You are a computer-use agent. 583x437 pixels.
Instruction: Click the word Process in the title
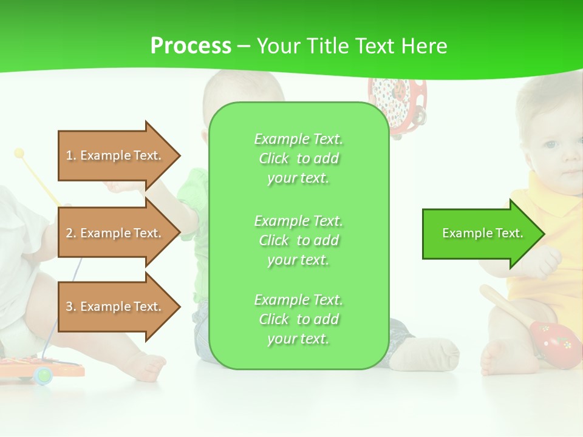pos(191,46)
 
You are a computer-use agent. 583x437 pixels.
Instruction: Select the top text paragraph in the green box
pos(298,158)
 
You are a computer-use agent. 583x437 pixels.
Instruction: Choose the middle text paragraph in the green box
pos(298,240)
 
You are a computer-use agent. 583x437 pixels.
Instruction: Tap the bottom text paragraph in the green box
pos(298,319)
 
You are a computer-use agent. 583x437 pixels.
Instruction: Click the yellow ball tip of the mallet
pos(19,152)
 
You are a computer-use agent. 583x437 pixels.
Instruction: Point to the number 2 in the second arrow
pos(70,233)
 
